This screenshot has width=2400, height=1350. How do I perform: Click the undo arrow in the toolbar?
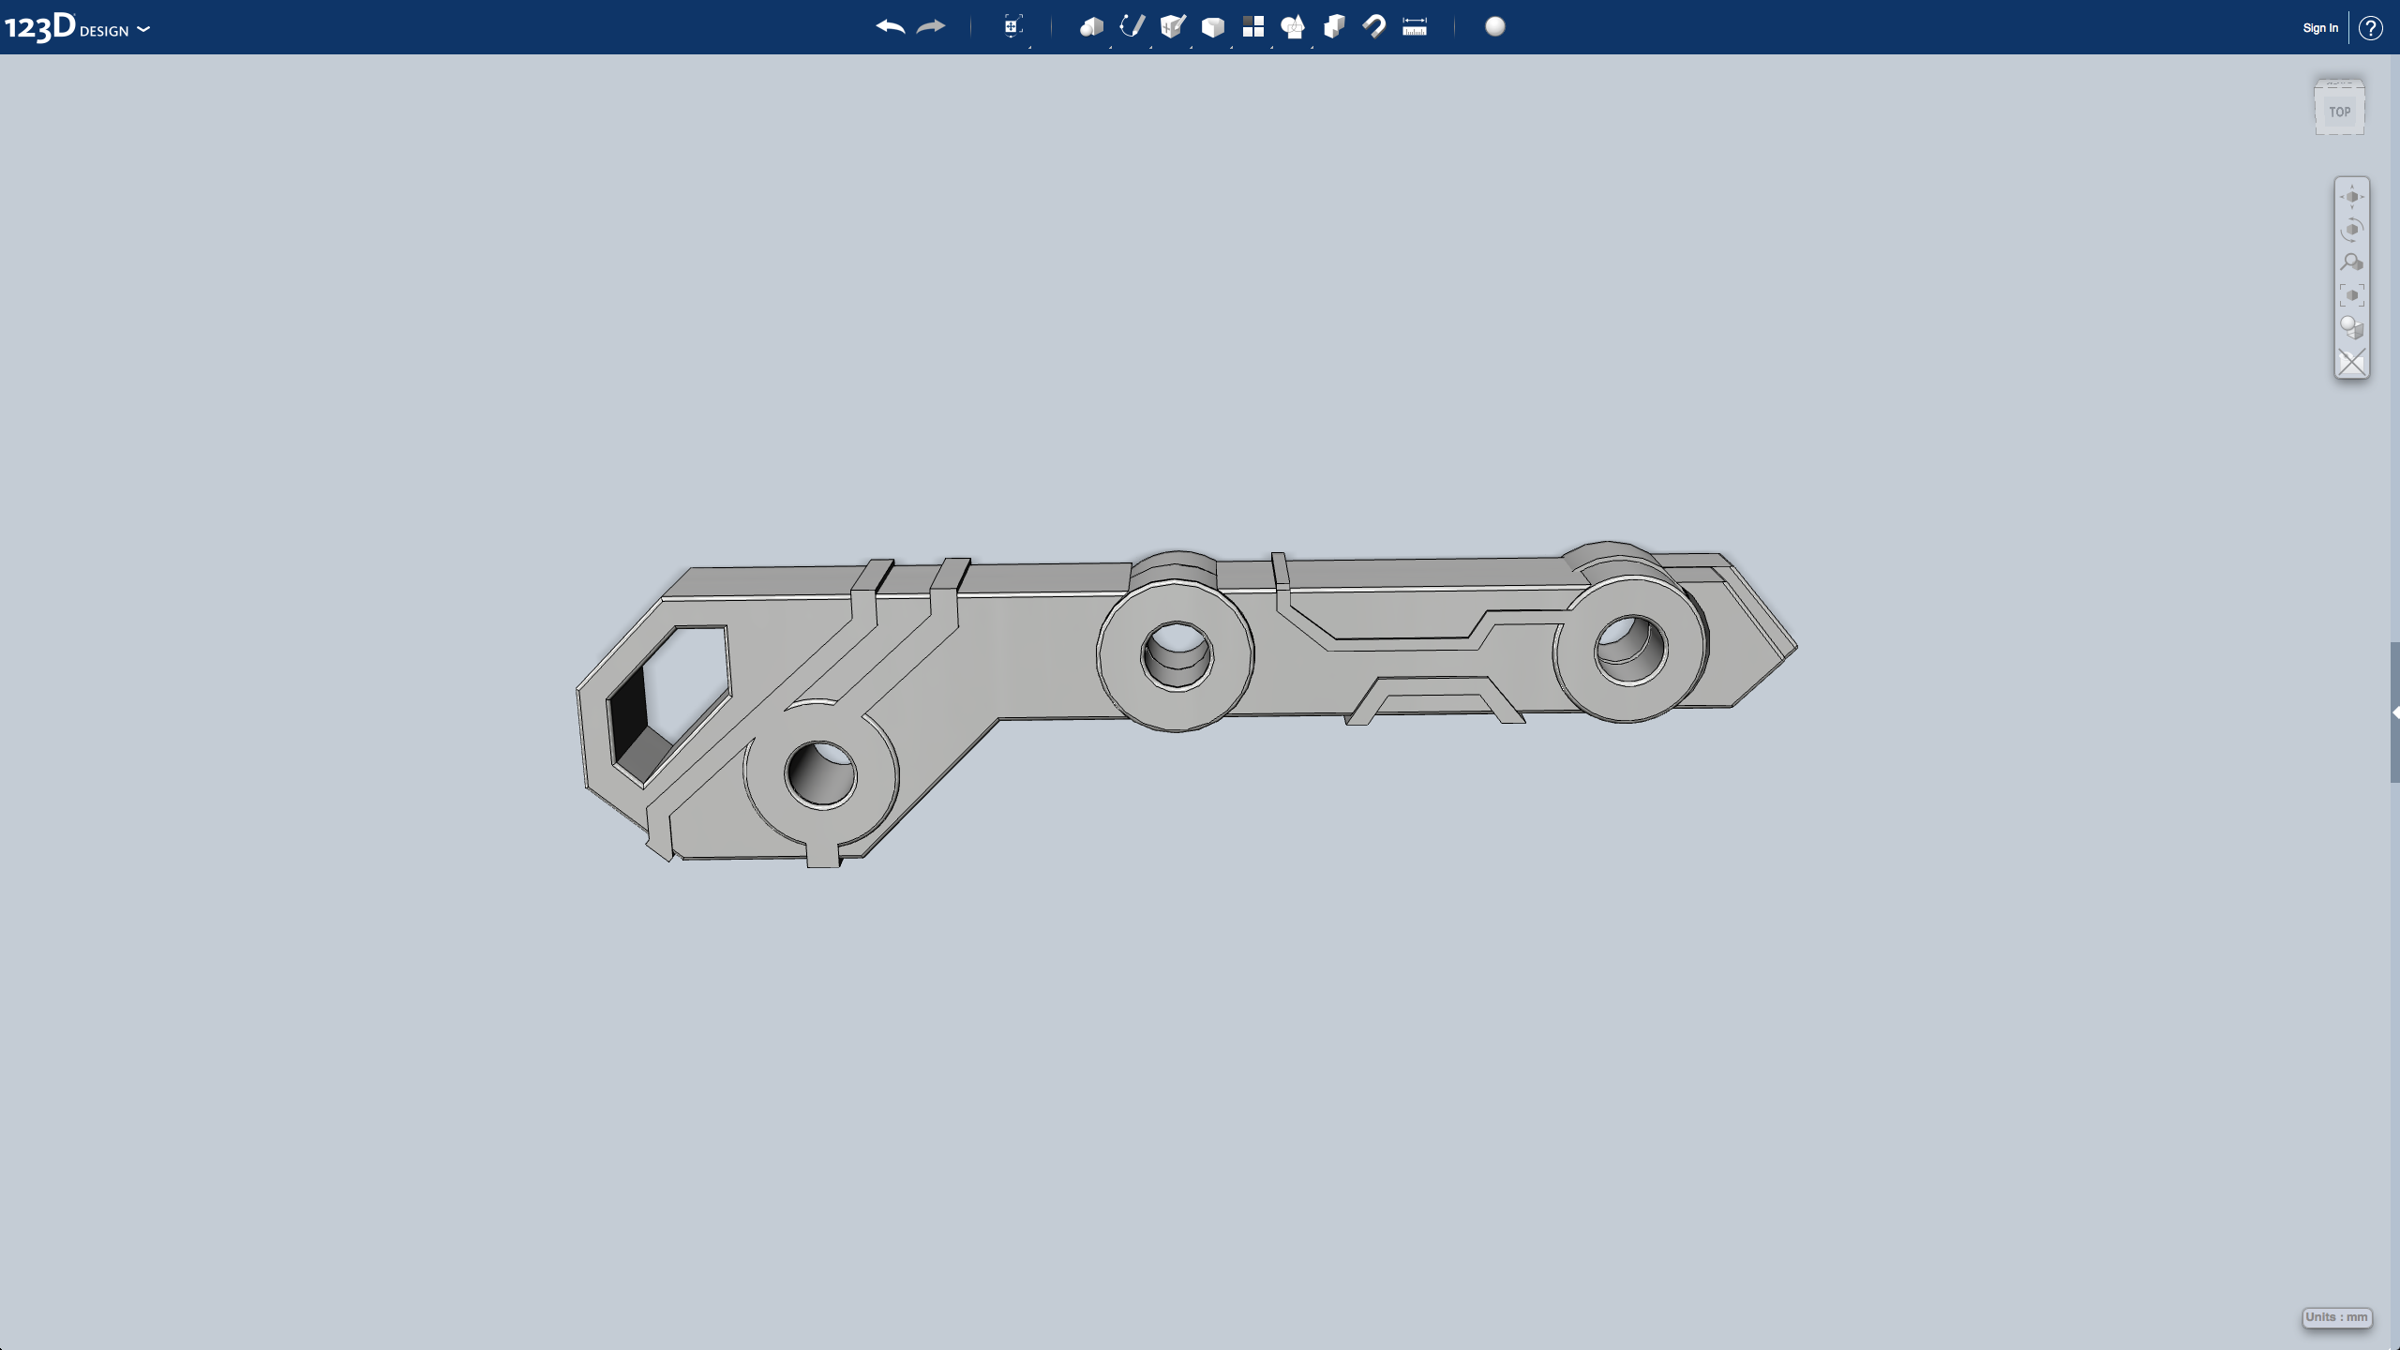click(890, 27)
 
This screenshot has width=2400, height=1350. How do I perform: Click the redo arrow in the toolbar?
click(931, 27)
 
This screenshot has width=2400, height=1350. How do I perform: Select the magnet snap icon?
click(1374, 26)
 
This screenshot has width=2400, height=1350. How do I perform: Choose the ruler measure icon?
click(1415, 27)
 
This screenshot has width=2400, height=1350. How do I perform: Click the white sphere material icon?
click(1495, 26)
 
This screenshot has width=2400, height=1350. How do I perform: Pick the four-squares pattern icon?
click(1253, 26)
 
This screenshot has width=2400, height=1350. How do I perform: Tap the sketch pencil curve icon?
click(1132, 26)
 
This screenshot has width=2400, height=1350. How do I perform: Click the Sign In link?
click(2320, 28)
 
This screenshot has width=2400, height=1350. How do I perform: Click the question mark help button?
click(2371, 28)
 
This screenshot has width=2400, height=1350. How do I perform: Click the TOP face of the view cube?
click(2340, 112)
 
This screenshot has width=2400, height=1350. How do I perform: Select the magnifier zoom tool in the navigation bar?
click(2351, 262)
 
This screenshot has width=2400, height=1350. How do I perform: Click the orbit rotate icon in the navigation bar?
click(2351, 230)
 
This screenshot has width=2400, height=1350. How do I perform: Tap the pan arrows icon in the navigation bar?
click(2351, 197)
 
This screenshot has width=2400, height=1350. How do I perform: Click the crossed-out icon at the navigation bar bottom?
click(2351, 362)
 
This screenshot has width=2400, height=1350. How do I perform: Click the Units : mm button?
click(2337, 1317)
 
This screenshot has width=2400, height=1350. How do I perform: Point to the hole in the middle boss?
click(1177, 652)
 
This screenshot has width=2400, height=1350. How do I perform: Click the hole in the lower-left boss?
click(822, 773)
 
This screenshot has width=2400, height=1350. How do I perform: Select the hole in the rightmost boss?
click(1632, 647)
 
